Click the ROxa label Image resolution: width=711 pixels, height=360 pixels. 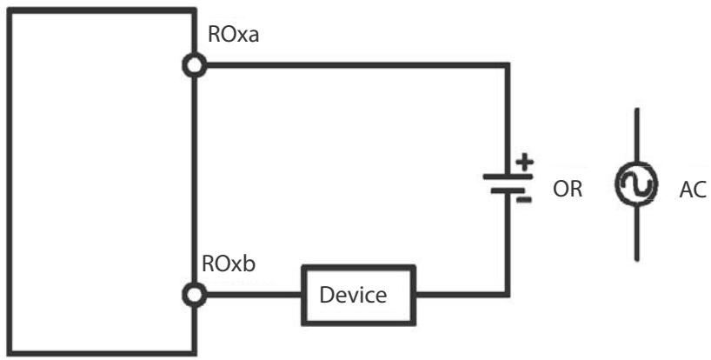pos(233,35)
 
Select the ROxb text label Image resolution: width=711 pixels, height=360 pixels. pos(229,263)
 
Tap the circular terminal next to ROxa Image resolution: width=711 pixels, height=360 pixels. pos(195,66)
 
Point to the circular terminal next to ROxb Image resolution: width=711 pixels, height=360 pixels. pos(195,295)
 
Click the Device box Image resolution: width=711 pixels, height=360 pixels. pos(359,295)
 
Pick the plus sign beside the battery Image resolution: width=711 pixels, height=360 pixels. pos(525,163)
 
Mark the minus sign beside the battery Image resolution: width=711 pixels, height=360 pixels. pos(524,199)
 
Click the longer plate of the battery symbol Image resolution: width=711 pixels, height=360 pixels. pos(508,177)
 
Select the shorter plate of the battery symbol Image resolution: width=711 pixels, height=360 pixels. pos(508,191)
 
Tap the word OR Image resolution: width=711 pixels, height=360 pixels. pos(568,189)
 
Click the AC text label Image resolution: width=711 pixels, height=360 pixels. pos(693,190)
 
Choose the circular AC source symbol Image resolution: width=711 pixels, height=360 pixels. pos(636,183)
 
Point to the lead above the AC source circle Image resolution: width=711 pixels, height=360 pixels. pos(636,135)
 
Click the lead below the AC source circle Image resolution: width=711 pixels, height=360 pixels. pos(636,232)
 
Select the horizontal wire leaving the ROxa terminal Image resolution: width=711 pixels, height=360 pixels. pos(357,66)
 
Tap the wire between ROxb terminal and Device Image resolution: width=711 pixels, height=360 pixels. pos(254,295)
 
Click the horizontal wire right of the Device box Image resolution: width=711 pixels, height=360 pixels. pos(462,295)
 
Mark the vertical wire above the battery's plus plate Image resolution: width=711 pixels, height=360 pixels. pos(508,120)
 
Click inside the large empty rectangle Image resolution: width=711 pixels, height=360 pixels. pos(101,182)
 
